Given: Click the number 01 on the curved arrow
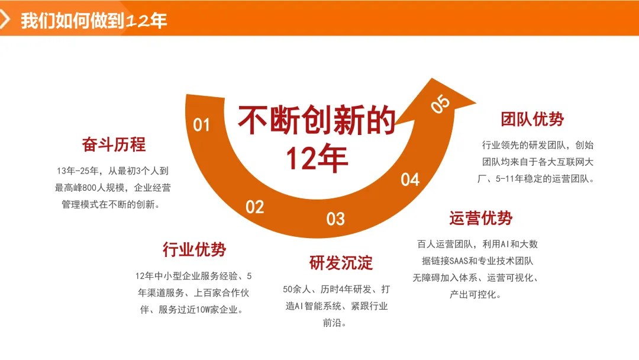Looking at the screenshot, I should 202,125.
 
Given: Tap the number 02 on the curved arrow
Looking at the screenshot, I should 255,207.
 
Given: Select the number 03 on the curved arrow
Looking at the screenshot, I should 335,219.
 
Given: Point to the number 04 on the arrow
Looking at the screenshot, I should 410,179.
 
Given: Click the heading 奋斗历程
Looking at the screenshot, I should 114,144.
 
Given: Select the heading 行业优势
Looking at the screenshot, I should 195,249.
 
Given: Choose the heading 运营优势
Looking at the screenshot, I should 481,218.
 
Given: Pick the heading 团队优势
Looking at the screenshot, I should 532,119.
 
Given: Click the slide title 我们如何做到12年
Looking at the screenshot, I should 94,21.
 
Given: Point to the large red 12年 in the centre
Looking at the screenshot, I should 317,158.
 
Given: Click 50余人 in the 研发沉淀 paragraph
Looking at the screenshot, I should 298,290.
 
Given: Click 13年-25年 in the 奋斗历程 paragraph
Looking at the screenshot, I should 76,171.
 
